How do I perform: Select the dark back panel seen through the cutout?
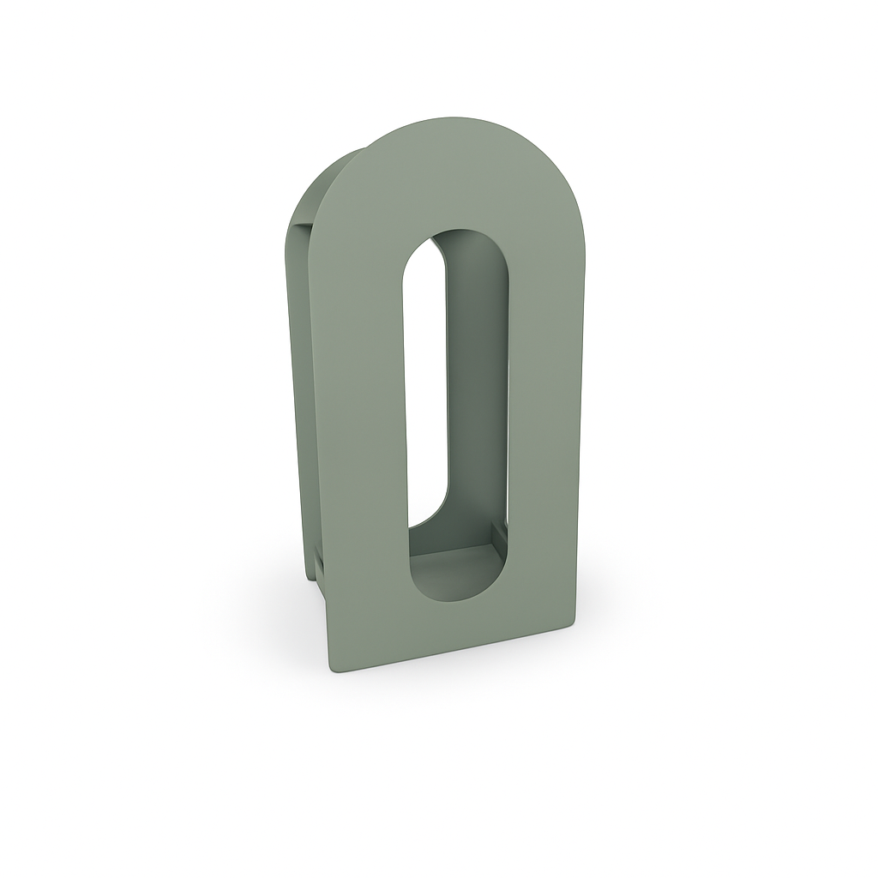(x=476, y=386)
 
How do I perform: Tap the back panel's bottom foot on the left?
(x=316, y=592)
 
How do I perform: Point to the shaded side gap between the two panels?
(x=300, y=386)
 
